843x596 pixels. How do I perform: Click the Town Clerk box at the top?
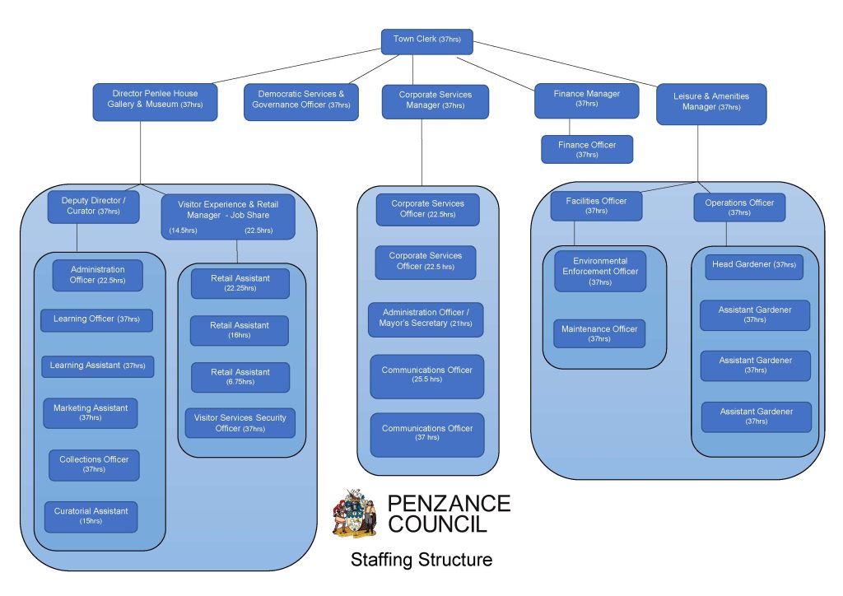[426, 41]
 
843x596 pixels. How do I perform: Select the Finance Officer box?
[586, 149]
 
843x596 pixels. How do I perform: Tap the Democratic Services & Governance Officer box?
[300, 100]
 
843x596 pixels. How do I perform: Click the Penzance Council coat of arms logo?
[354, 512]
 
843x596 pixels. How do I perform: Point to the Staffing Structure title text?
[421, 560]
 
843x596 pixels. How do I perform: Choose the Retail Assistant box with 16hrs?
[239, 330]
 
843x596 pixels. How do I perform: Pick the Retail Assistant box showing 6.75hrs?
[239, 377]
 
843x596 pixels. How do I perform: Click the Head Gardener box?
[753, 266]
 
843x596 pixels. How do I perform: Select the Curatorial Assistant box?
[91, 516]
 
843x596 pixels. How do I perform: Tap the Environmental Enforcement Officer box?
[599, 271]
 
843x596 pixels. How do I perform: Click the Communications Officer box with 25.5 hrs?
[426, 375]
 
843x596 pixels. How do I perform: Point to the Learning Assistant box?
[97, 366]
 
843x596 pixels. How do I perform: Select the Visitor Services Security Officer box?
[240, 422]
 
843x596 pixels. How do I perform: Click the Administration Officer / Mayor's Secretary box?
[426, 319]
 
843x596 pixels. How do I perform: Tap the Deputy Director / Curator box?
[93, 207]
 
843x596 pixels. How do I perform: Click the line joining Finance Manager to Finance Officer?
[570, 127]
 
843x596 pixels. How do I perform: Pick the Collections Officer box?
[93, 464]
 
